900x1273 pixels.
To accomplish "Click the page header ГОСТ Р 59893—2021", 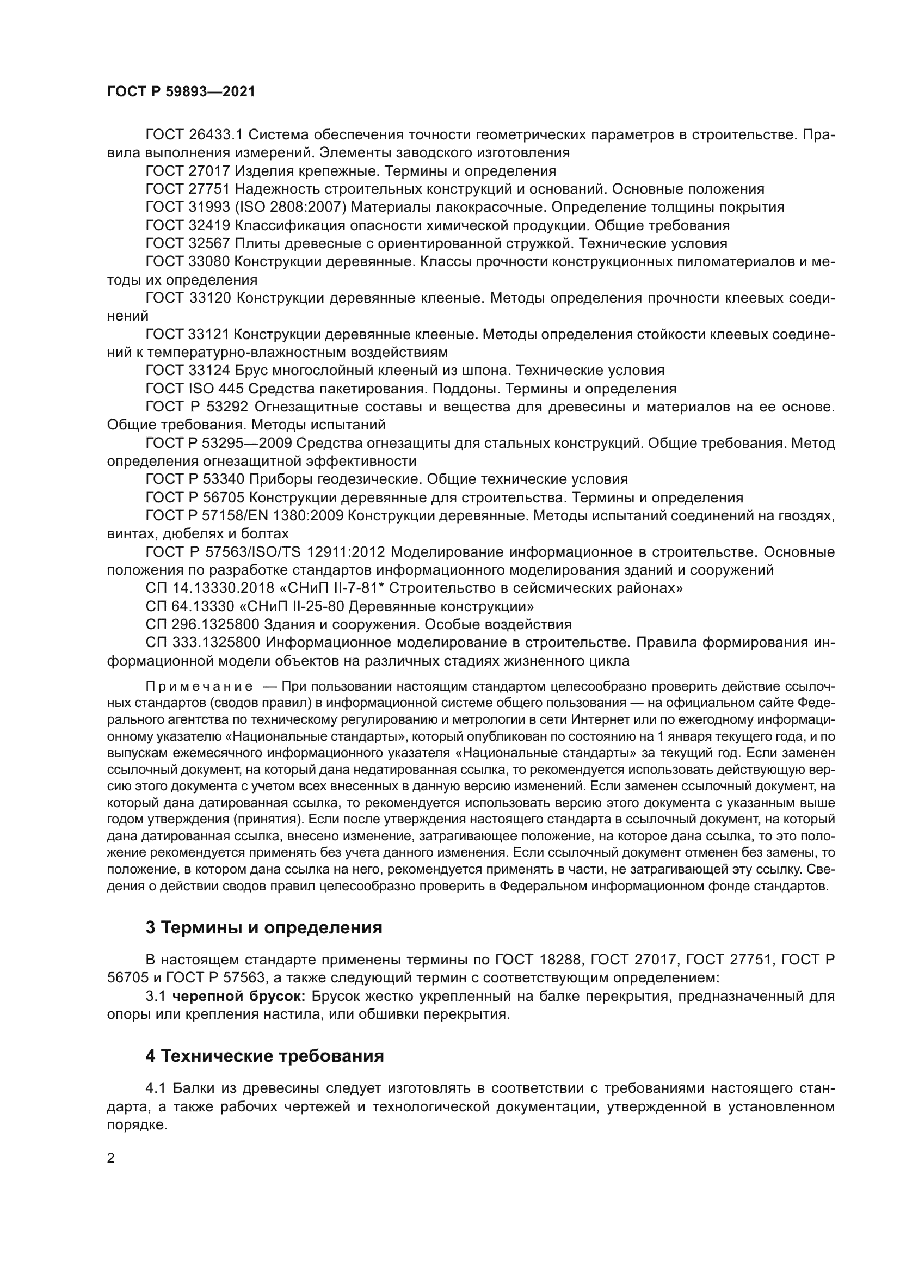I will [x=181, y=92].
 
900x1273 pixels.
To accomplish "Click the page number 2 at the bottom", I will [x=111, y=1159].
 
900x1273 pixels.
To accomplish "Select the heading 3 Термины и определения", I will [x=264, y=927].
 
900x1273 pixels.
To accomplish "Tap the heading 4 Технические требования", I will [x=265, y=1056].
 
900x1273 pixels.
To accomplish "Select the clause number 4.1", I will [x=156, y=1088].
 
